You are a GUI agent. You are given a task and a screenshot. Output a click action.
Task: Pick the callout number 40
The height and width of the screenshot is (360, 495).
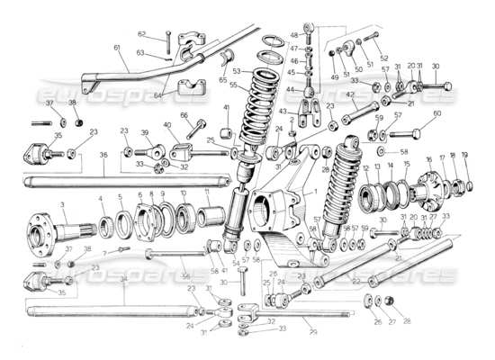(x=166, y=125)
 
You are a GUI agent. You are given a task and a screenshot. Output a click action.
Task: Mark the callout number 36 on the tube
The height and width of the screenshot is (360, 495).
(x=103, y=154)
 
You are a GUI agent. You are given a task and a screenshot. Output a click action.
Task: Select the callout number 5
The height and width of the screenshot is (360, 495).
(x=121, y=197)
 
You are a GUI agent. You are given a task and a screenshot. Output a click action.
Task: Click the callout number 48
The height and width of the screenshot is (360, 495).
(x=293, y=35)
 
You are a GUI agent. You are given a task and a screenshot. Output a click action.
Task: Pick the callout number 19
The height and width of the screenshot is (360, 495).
(x=465, y=155)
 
